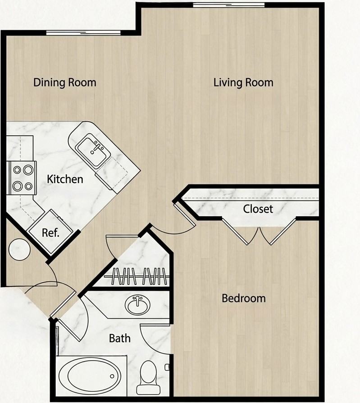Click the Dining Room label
pos(65,82)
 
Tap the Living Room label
pos(243,82)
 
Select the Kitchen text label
pos(65,179)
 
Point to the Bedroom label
pos(244,298)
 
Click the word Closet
pos(258,209)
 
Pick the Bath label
pos(119,338)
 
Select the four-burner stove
pos(22,178)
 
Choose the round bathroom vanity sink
pos(137,305)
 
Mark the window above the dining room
pos(83,32)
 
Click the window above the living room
pos(229,5)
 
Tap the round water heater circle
pos(19,249)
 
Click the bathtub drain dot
pos(112,376)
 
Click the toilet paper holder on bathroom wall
pos(167,367)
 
